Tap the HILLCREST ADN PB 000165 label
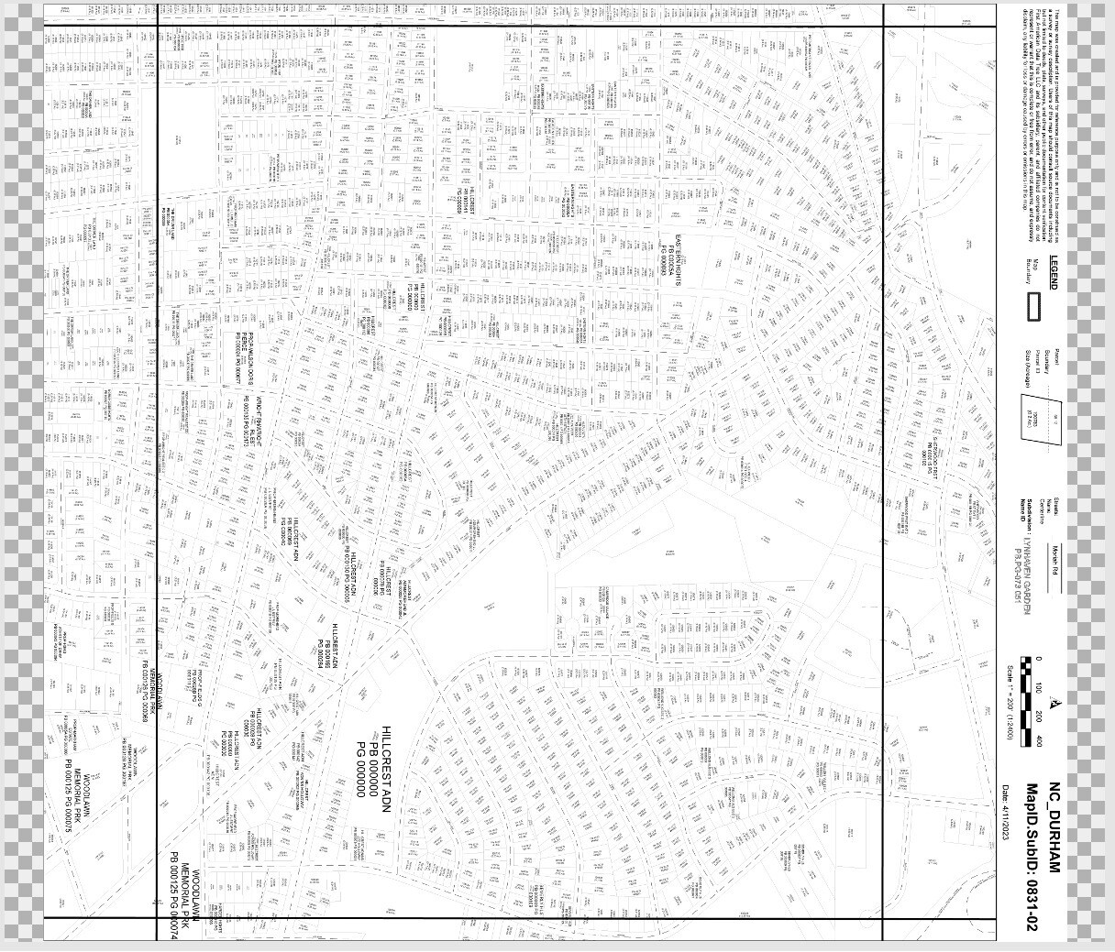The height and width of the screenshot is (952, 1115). pos(332,645)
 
